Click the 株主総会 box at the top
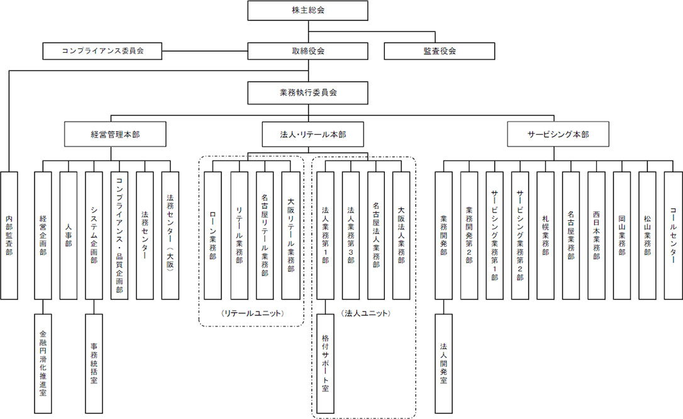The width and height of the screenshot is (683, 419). (x=308, y=11)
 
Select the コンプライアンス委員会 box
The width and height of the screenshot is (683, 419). (x=103, y=51)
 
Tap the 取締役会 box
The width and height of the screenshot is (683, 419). (x=308, y=51)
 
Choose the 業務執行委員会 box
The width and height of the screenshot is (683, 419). (x=308, y=92)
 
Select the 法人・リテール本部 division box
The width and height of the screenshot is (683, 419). (x=313, y=134)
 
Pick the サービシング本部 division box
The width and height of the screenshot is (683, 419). (x=553, y=134)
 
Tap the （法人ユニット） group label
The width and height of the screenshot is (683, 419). (x=365, y=313)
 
